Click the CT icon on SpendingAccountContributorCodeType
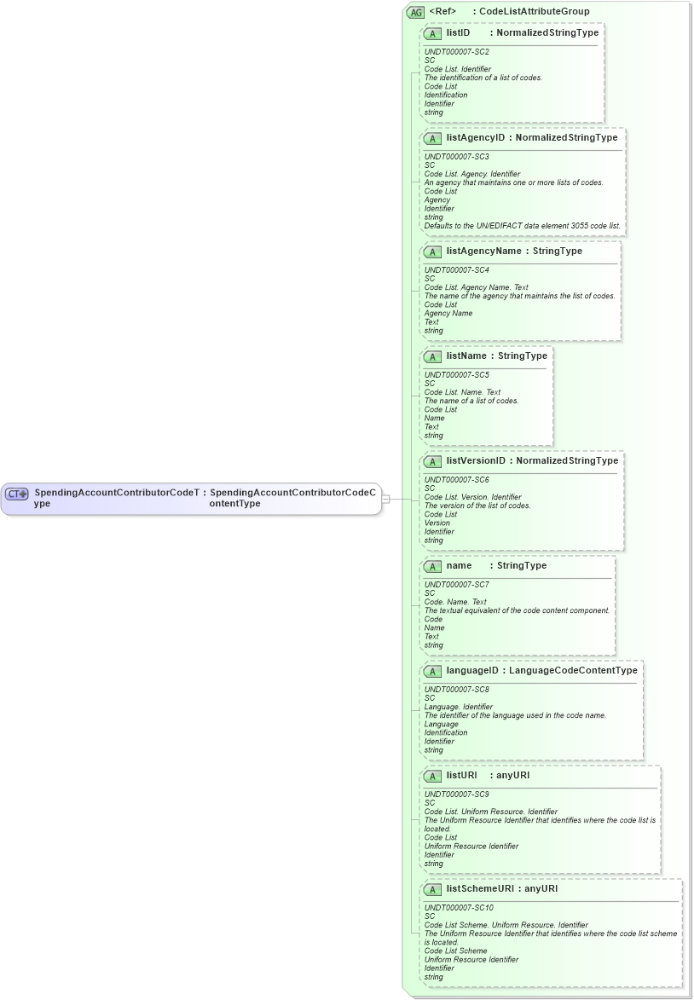[x=17, y=494]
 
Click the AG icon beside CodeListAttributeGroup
[x=416, y=12]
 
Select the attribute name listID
[x=458, y=32]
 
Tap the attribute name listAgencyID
[x=476, y=137]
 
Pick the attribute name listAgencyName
[x=483, y=251]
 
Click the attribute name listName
[x=466, y=355]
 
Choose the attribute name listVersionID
[x=476, y=460]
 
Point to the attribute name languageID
[x=472, y=670]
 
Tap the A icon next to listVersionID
[x=432, y=461]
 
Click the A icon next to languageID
[x=432, y=671]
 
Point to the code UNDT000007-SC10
[x=459, y=908]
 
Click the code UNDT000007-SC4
[x=457, y=270]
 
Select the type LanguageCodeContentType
[x=573, y=670]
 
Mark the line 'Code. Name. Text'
[x=455, y=602]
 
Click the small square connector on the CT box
[x=385, y=499]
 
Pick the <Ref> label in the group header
[x=442, y=11]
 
